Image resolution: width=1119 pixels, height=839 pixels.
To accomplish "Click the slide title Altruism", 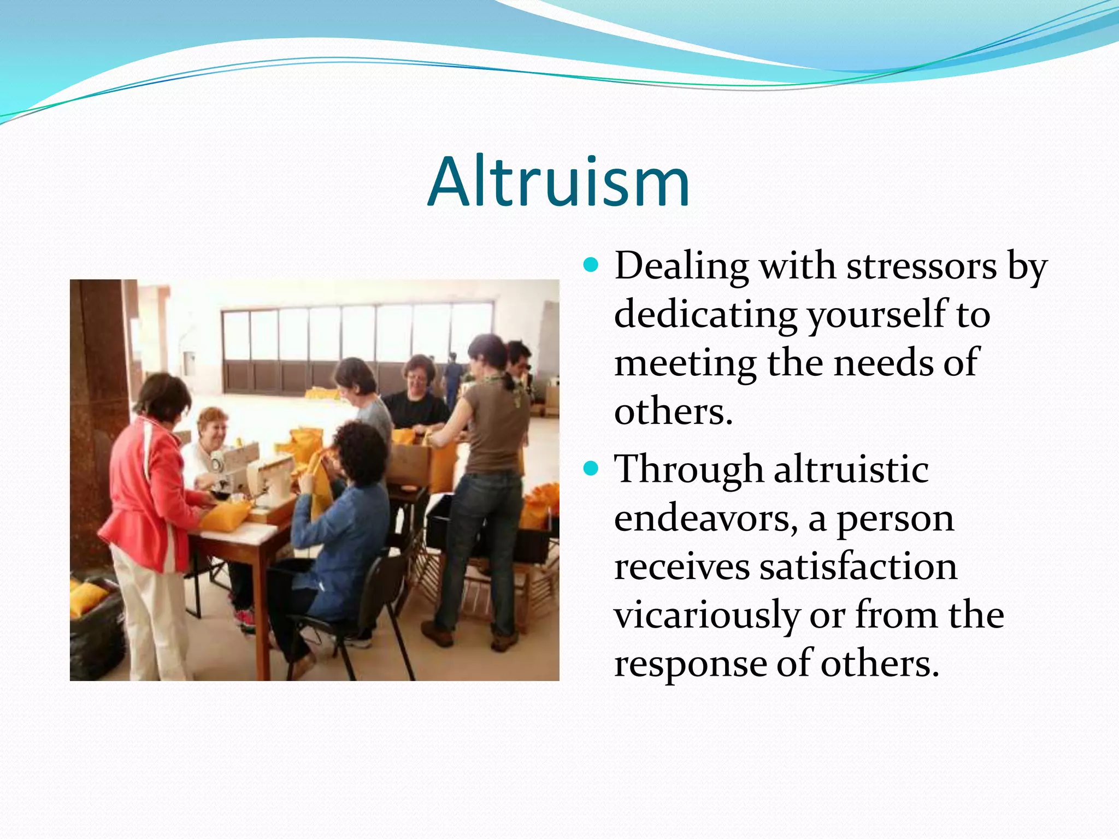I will tap(558, 182).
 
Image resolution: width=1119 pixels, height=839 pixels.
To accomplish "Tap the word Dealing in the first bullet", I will tap(681, 267).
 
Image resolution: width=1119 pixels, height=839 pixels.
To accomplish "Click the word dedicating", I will tap(705, 315).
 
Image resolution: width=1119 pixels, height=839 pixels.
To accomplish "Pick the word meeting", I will tap(685, 363).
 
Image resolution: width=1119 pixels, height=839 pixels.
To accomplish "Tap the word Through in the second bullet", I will tap(688, 470).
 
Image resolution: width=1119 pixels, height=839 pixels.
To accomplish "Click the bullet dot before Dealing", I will tap(591, 266).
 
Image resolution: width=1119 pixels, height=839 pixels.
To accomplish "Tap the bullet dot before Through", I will tap(591, 469).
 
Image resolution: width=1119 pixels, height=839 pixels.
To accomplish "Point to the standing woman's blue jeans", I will tap(481, 546).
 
